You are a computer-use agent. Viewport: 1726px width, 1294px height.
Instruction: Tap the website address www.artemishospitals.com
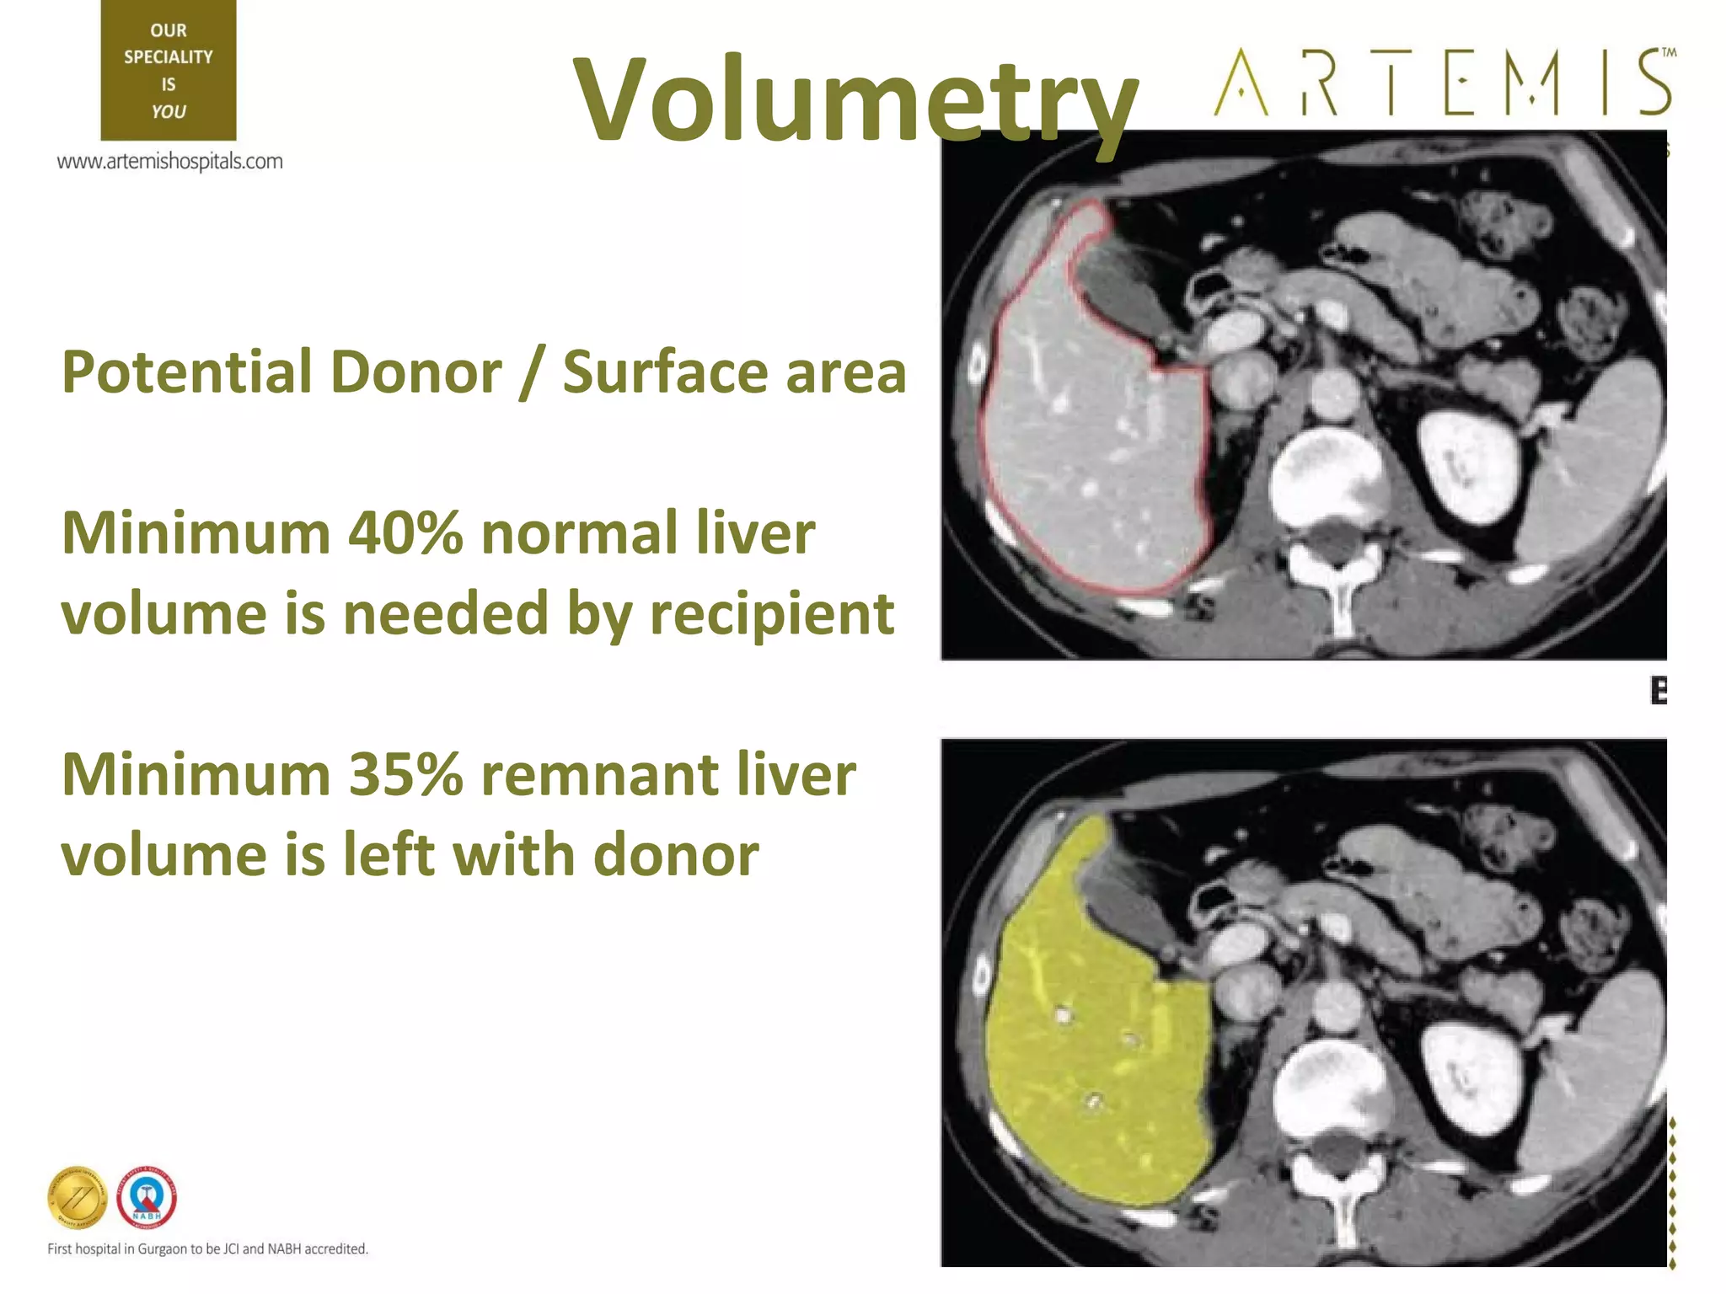pyautogui.click(x=169, y=161)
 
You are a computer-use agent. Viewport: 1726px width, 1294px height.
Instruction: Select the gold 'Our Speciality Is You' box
pyautogui.click(x=169, y=70)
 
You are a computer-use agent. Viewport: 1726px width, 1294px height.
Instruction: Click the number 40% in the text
pyautogui.click(x=405, y=533)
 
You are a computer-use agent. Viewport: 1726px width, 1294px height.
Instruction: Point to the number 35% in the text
pyautogui.click(x=405, y=774)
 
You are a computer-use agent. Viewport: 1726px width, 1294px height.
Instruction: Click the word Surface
pyautogui.click(x=665, y=372)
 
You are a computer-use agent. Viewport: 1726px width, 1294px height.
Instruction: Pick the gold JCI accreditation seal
pyautogui.click(x=78, y=1198)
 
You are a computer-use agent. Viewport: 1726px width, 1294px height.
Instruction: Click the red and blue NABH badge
pyautogui.click(x=147, y=1197)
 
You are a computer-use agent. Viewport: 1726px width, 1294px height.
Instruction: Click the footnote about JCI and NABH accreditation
pyautogui.click(x=207, y=1249)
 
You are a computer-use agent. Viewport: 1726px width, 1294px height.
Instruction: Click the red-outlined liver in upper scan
pyautogui.click(x=1096, y=446)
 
